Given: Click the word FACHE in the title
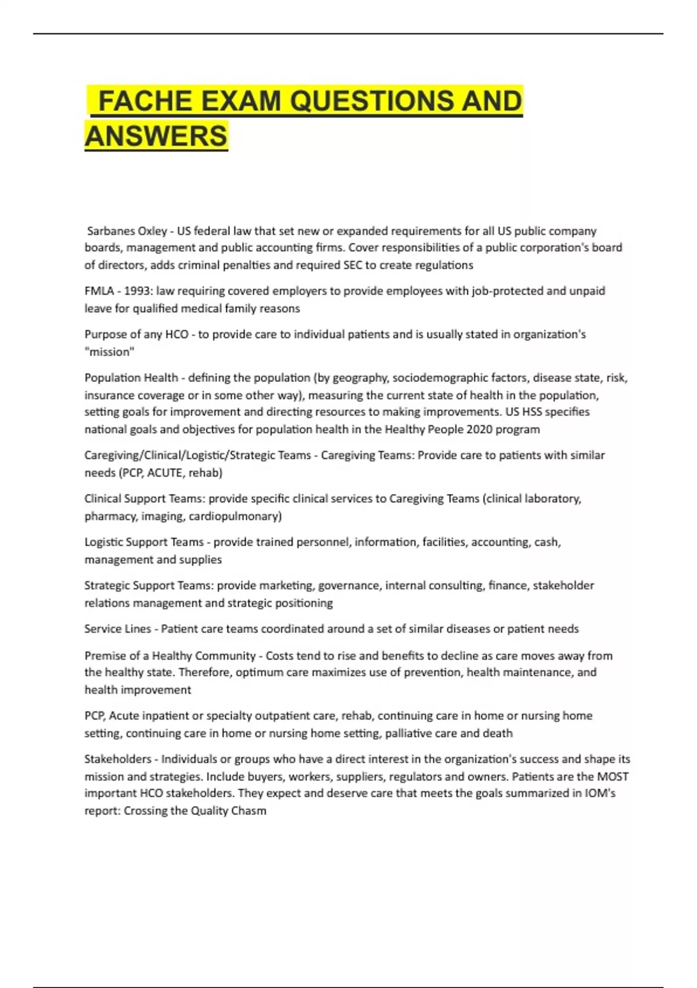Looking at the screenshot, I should click(x=145, y=101).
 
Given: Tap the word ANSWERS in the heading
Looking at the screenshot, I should click(x=156, y=136).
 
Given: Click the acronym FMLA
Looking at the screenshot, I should click(x=99, y=291).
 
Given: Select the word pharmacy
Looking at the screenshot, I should click(x=108, y=516).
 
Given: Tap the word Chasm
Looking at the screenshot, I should click(x=249, y=811).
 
